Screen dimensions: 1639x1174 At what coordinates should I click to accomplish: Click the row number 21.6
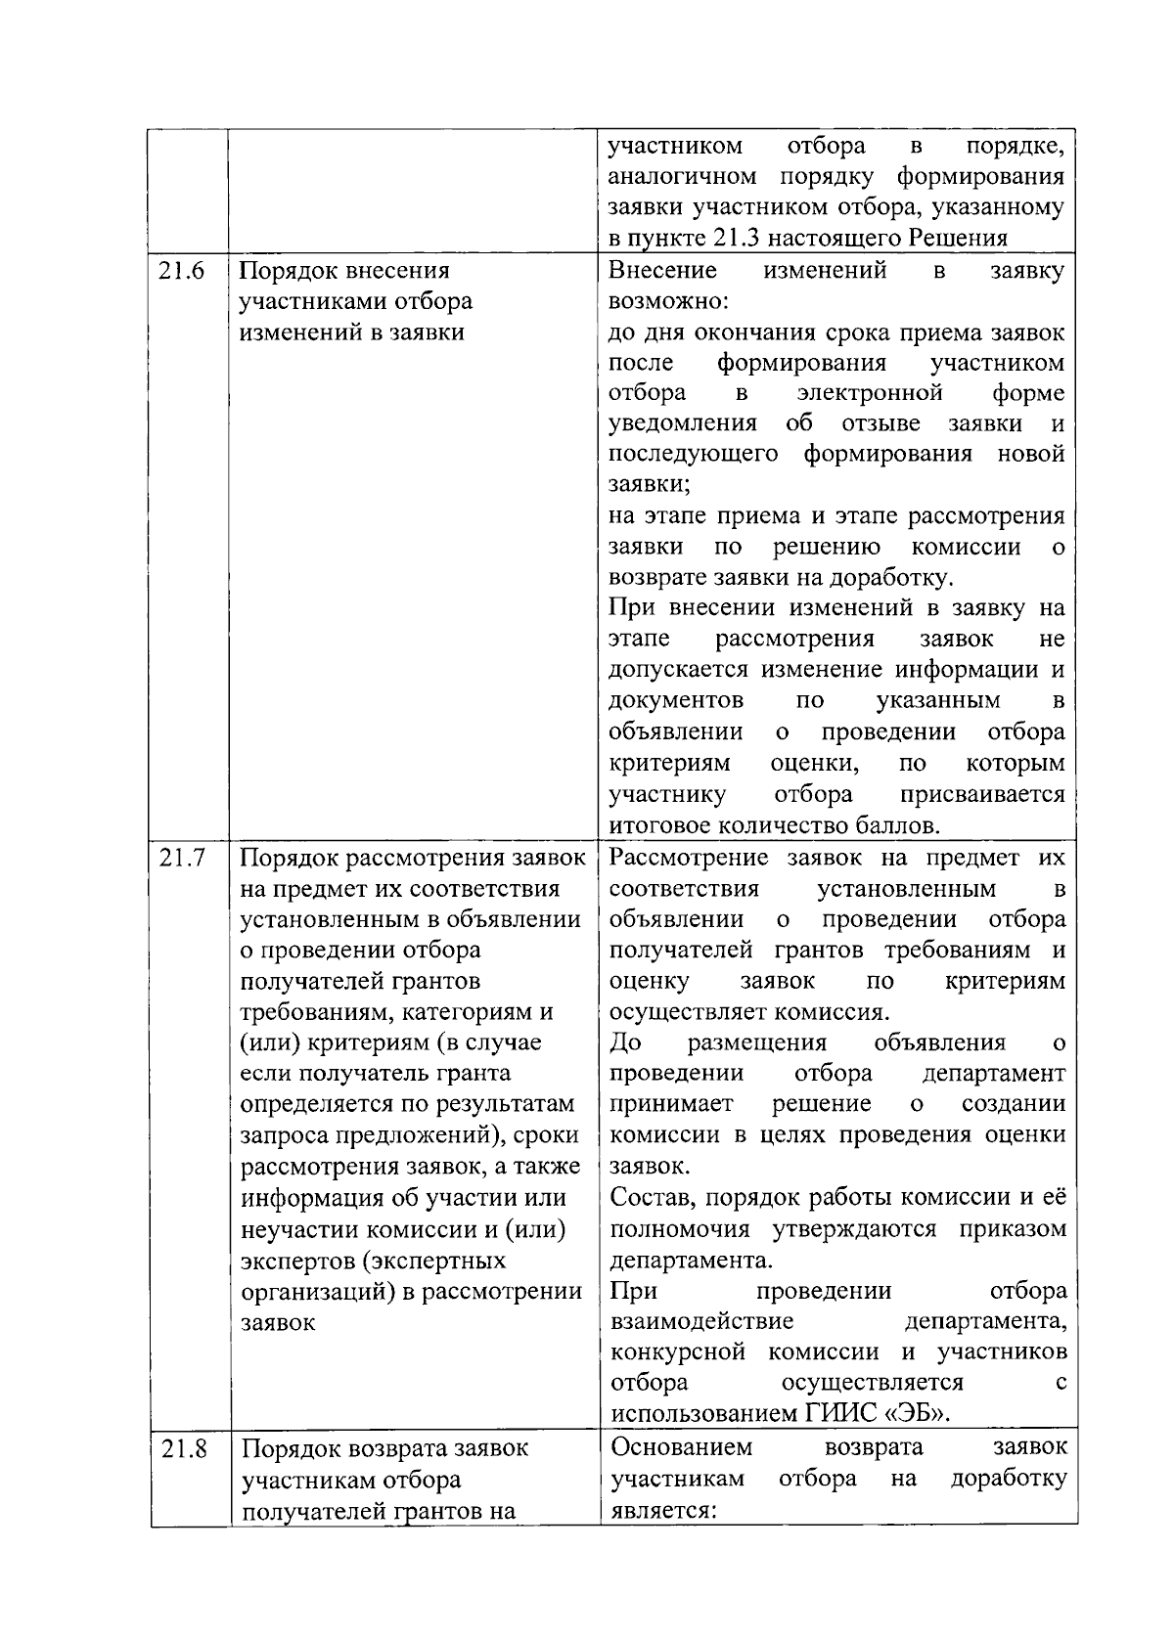[181, 271]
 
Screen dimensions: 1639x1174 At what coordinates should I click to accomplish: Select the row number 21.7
[182, 859]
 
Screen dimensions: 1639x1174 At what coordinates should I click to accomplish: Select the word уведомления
[682, 423]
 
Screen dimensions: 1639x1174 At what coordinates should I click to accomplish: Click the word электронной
[870, 393]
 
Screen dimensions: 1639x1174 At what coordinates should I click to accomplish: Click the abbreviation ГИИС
[840, 1413]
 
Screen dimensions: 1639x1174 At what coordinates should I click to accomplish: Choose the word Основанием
[682, 1446]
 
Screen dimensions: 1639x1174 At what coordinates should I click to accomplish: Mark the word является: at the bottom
[664, 1509]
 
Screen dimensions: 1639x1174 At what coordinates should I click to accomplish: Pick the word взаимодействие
[701, 1321]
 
